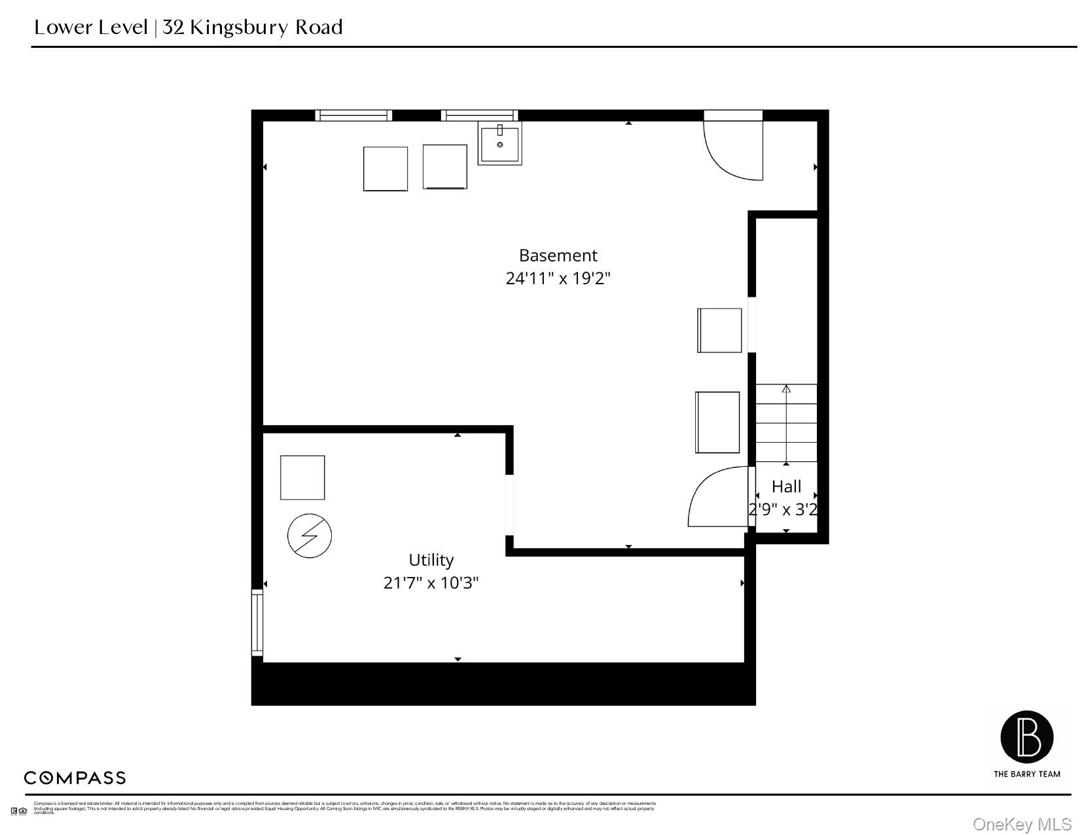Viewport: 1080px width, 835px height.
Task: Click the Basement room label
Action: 558,255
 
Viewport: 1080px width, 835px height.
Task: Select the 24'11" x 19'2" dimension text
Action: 558,278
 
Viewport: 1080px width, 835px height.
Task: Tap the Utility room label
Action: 431,560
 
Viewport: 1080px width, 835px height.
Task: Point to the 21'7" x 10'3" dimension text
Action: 431,583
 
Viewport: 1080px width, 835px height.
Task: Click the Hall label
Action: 786,487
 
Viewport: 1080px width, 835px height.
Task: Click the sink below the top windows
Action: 499,143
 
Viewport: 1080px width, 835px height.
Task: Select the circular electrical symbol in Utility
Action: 310,536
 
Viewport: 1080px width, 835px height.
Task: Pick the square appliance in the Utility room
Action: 302,477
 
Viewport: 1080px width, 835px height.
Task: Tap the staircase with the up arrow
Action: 786,423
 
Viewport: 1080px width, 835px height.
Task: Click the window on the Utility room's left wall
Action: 257,622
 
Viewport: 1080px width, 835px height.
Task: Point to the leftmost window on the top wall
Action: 353,115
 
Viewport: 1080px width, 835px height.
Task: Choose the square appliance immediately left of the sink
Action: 444,167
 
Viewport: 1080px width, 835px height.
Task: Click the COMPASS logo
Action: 75,778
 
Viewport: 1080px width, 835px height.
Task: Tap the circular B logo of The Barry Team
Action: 1026,737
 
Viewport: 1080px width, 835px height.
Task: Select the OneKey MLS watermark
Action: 1022,824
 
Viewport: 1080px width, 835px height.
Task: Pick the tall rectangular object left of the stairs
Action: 717,422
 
